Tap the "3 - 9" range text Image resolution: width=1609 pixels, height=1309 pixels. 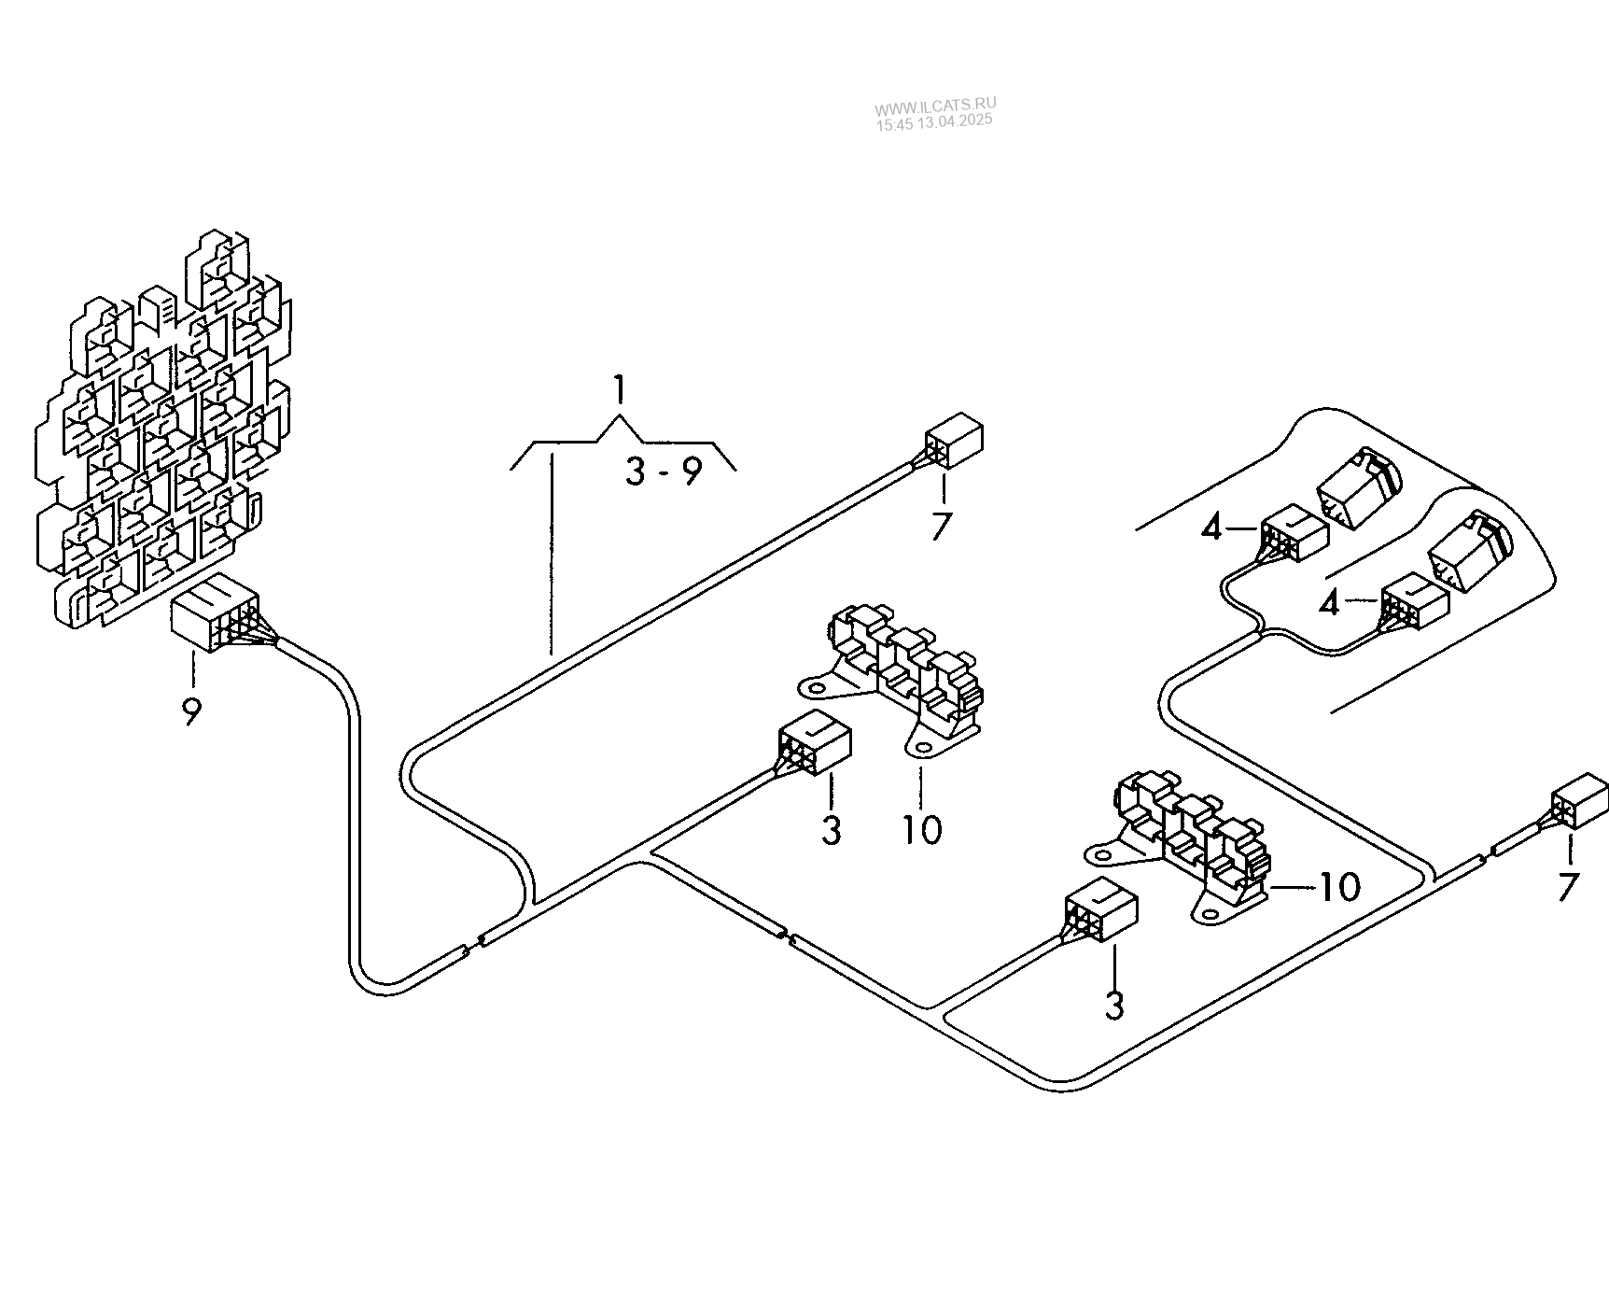pos(664,472)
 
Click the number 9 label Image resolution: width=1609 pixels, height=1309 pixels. pos(191,712)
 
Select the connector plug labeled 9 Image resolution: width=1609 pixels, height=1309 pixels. pos(213,616)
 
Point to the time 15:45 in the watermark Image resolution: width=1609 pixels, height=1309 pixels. pos(891,121)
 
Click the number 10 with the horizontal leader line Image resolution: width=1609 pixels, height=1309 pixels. pos(1339,887)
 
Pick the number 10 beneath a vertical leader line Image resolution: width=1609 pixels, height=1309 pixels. pos(921,829)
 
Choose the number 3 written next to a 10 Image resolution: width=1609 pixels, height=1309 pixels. pos(832,829)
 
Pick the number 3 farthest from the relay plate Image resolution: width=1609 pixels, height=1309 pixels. pos(1114,1005)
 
